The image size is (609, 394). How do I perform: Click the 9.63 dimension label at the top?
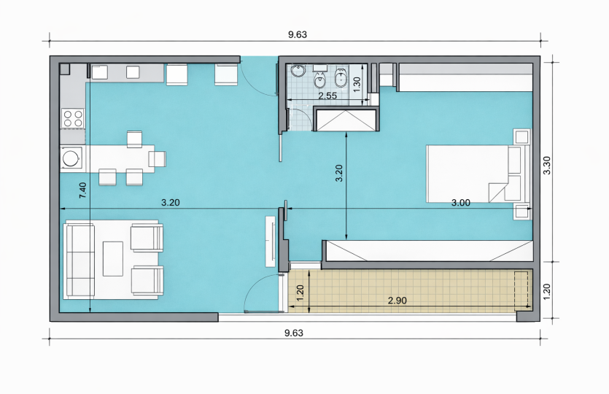(x=298, y=34)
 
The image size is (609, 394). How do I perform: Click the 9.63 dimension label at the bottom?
(x=294, y=333)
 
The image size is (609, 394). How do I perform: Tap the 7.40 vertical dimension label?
(x=82, y=190)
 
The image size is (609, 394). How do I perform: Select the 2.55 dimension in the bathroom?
(x=327, y=96)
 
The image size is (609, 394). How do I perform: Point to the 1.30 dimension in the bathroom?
(x=357, y=85)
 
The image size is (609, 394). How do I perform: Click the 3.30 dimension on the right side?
(x=547, y=166)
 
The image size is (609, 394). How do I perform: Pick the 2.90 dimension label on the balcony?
(x=397, y=301)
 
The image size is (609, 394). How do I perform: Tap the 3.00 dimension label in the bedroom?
(x=461, y=202)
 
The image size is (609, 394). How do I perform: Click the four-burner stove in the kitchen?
(x=73, y=118)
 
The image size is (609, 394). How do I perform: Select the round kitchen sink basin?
(x=71, y=158)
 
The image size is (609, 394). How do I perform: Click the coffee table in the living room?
(x=112, y=259)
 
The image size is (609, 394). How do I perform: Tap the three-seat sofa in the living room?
(x=80, y=260)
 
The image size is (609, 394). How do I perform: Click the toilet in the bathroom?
(x=341, y=78)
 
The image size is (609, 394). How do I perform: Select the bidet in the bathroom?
(x=320, y=80)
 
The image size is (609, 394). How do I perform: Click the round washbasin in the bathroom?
(x=299, y=71)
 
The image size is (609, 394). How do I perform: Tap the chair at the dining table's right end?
(x=158, y=159)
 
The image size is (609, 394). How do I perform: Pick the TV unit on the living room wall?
(x=271, y=242)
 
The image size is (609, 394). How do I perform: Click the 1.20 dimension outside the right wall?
(x=547, y=291)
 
